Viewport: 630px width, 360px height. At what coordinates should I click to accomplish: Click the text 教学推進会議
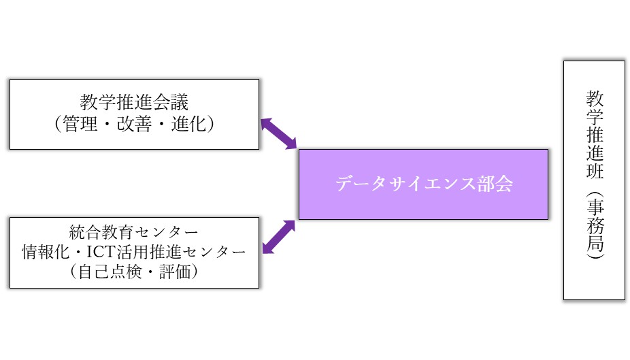tap(134, 102)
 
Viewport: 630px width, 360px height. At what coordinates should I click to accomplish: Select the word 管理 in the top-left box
tap(80, 124)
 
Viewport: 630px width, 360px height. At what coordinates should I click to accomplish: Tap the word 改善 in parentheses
tap(134, 124)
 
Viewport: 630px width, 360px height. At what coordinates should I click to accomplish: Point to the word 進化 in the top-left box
tap(188, 124)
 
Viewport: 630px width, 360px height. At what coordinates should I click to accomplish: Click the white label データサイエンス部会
tap(424, 184)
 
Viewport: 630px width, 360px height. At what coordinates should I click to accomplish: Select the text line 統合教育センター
tap(134, 232)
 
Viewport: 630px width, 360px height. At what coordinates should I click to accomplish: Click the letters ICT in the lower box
tap(101, 252)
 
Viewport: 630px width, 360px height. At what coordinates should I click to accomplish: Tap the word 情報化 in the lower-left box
tap(46, 252)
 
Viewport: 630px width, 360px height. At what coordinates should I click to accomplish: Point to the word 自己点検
tap(110, 272)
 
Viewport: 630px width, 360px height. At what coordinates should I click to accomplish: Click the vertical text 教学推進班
tap(595, 135)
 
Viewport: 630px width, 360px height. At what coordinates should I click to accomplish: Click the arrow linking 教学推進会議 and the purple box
tap(279, 133)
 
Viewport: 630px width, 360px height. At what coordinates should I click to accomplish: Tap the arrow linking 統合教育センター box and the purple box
tap(279, 237)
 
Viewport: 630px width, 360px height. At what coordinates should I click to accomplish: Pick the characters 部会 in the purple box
tap(495, 184)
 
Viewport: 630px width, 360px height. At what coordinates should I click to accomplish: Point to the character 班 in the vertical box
tap(595, 170)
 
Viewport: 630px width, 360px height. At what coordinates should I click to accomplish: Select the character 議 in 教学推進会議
tap(180, 102)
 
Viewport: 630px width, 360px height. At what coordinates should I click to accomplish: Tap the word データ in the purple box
tap(361, 184)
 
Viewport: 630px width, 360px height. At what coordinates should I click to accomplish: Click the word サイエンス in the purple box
tap(432, 184)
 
